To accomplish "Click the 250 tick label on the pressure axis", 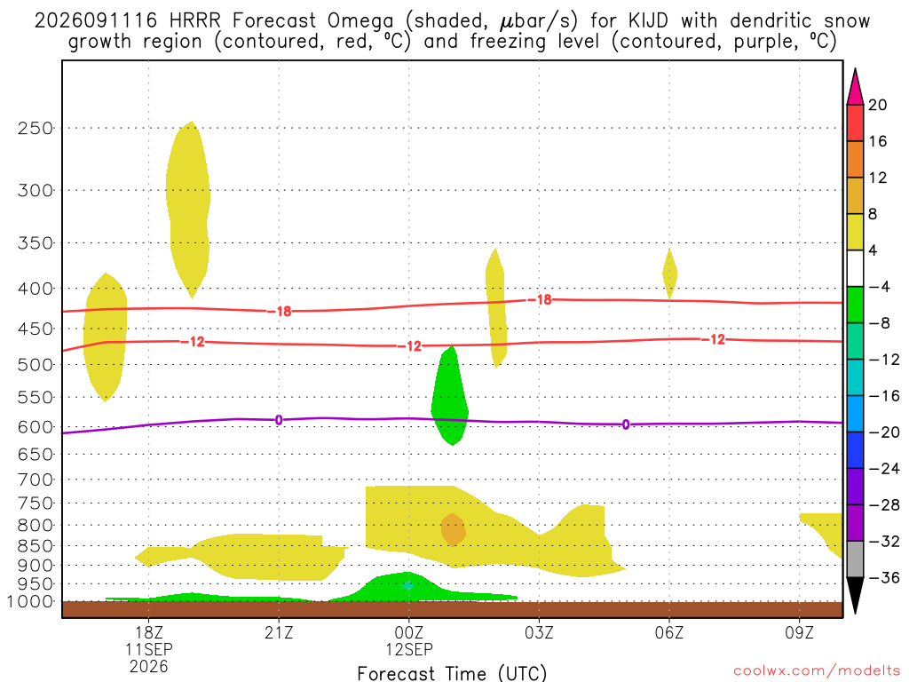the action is (36, 128).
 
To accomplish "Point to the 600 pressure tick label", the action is (36, 427).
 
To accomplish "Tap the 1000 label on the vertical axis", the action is (30, 601).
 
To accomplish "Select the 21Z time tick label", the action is (279, 632).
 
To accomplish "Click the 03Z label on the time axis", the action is (539, 632).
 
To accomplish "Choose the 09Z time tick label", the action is (800, 632).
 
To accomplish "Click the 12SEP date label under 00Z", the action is (409, 649).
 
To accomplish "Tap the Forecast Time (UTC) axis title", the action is (452, 673).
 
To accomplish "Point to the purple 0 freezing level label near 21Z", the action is (279, 420).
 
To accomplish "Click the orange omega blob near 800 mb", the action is (453, 529).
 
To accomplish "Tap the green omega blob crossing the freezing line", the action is (450, 395).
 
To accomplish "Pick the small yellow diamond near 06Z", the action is (669, 274).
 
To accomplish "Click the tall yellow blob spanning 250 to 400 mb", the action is (188, 210).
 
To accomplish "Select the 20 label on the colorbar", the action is (877, 105).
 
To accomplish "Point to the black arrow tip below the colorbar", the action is (855, 614).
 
